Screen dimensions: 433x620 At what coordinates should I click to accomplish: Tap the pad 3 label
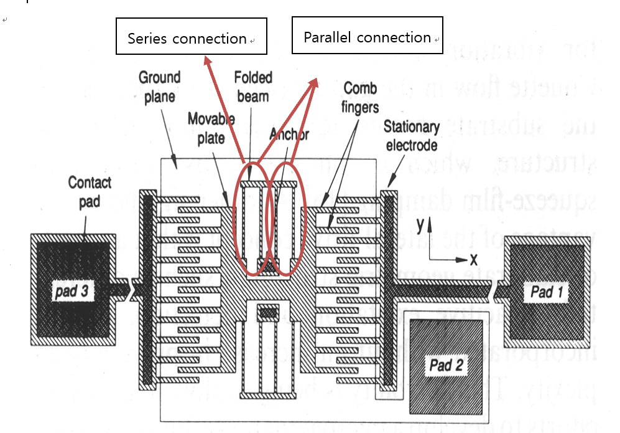coord(73,291)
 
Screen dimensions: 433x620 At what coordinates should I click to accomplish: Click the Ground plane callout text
coord(159,87)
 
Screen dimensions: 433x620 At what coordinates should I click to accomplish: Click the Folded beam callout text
coord(252,86)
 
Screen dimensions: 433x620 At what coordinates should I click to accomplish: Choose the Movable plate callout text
coord(211,128)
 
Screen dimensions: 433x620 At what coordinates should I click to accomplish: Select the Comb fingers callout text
coord(361,97)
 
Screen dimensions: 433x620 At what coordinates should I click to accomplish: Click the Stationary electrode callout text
coord(411,136)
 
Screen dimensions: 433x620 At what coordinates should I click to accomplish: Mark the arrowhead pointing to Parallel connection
coord(315,83)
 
